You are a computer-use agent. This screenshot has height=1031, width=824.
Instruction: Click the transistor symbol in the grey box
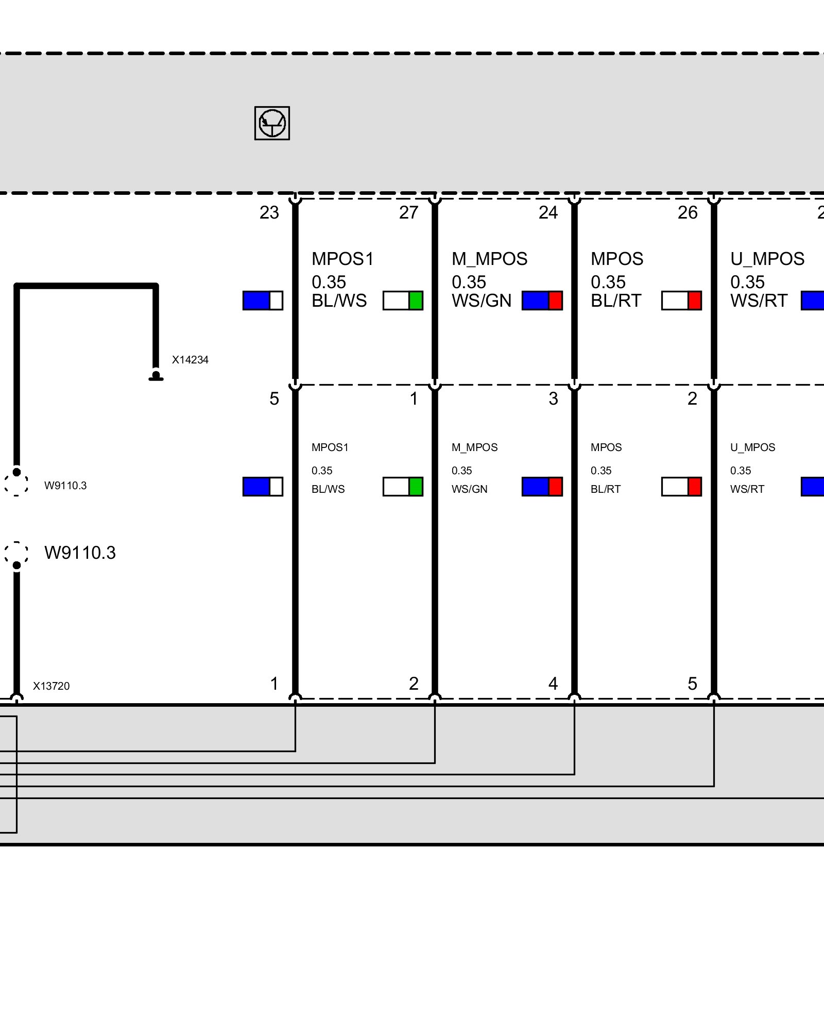coord(272,123)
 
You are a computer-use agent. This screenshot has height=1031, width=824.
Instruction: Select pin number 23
coord(269,212)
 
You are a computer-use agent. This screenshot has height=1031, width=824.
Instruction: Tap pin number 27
coord(408,212)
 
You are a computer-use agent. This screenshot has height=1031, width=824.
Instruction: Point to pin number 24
coord(548,212)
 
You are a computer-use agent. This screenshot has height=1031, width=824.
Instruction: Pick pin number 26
coord(688,212)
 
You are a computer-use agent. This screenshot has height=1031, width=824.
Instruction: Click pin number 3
coord(553,398)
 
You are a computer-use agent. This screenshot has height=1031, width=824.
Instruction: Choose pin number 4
coord(553,684)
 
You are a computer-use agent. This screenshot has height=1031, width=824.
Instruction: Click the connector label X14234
coord(190,360)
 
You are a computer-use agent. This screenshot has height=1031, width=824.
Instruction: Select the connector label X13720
coord(51,686)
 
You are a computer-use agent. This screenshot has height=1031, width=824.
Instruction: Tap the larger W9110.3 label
coord(80,553)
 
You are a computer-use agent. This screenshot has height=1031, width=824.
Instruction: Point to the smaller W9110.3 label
coord(65,486)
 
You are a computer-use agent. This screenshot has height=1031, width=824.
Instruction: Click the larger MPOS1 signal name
coord(342,259)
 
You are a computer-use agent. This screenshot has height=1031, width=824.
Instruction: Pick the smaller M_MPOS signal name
coord(474,447)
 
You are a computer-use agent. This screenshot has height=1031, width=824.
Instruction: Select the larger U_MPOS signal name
coord(767,259)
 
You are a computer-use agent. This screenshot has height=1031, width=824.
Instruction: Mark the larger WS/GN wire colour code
coord(482,301)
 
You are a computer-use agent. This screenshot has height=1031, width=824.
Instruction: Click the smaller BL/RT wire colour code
coord(606,489)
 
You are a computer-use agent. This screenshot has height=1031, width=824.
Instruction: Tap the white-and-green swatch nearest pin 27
coord(403,301)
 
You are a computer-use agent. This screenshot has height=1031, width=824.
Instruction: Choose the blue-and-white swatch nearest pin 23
coord(263,301)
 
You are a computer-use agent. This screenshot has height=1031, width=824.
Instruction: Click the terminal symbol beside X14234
coord(156,376)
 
